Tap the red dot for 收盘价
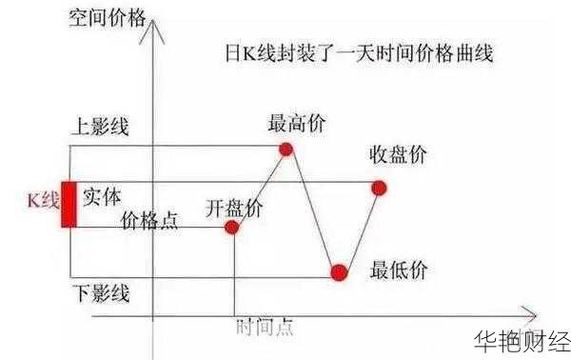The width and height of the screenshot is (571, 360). coord(379,188)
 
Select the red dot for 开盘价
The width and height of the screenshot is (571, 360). coord(233,227)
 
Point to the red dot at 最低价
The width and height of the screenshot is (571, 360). coord(339,272)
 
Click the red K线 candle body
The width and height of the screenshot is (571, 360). coord(69,203)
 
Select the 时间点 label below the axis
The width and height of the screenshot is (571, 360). coord(264,328)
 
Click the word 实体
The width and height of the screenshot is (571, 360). coord(102,197)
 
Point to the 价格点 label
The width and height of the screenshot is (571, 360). coord(149,221)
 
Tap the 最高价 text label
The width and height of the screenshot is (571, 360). coord(296,124)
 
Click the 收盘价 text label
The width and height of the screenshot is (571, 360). coord(399,155)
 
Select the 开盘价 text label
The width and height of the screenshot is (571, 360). coord(235,206)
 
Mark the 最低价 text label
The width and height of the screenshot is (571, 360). coord(399,270)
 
